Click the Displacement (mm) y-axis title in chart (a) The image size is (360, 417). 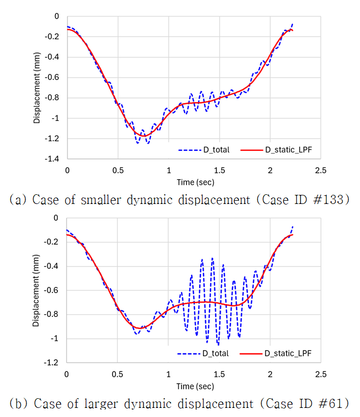(37, 87)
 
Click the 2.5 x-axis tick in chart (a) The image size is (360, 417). (320, 170)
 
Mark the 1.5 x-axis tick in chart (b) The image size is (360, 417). (219, 373)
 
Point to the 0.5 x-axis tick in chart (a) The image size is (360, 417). (117, 170)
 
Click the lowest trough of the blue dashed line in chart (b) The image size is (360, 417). (218, 344)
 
